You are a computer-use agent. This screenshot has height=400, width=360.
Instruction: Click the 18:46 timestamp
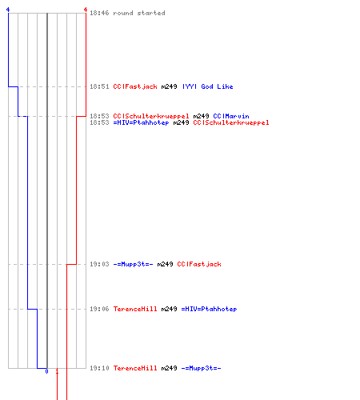(x=99, y=13)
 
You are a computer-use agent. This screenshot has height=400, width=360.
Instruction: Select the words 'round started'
(x=139, y=13)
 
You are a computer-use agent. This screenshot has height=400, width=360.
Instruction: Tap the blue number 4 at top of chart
(x=8, y=10)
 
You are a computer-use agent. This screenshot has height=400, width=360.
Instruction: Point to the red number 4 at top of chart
(x=86, y=10)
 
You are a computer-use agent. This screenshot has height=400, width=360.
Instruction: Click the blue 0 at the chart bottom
(x=46, y=371)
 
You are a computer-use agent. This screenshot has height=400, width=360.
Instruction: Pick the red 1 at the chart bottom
(x=57, y=371)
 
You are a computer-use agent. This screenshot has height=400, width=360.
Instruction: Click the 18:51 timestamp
(x=99, y=86)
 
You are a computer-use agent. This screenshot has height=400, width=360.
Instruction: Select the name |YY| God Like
(x=208, y=86)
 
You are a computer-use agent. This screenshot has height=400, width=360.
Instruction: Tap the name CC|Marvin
(x=231, y=116)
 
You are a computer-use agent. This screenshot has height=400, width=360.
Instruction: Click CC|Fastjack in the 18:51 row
(x=135, y=86)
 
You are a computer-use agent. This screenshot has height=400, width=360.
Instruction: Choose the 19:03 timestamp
(x=99, y=264)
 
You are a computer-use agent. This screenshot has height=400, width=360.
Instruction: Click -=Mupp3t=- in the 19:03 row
(x=133, y=264)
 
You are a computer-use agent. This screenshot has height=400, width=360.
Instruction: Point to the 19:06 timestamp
(x=99, y=309)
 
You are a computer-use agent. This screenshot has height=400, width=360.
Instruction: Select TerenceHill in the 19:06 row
(x=135, y=309)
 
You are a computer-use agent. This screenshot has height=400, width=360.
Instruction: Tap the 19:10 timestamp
(x=99, y=368)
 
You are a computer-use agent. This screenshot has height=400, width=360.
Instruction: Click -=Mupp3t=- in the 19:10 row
(x=201, y=368)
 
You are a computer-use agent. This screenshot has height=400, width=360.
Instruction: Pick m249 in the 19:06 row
(x=169, y=309)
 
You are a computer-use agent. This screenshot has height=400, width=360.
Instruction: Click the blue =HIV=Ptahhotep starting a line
(x=141, y=122)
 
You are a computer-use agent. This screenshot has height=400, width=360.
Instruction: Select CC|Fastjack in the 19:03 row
(x=199, y=264)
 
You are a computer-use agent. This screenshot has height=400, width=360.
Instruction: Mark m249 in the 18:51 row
(x=169, y=86)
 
